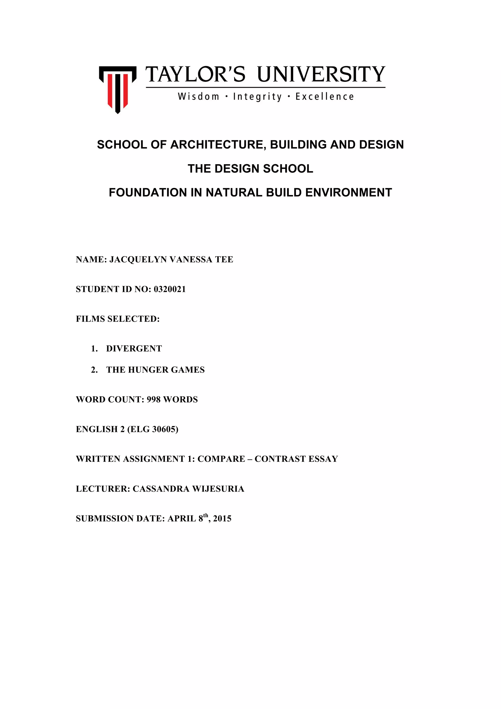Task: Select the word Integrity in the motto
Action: tap(257, 97)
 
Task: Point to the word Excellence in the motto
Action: tap(324, 97)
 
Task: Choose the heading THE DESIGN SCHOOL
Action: tap(250, 169)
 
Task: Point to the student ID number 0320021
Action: tap(170, 289)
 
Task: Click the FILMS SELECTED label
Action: tap(118, 319)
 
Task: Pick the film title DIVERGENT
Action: tap(134, 349)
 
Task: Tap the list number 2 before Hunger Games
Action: tap(94, 370)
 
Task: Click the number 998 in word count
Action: tap(153, 400)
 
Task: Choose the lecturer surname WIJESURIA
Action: tap(218, 489)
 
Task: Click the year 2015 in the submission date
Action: tap(222, 518)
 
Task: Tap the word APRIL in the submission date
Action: tap(182, 518)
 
